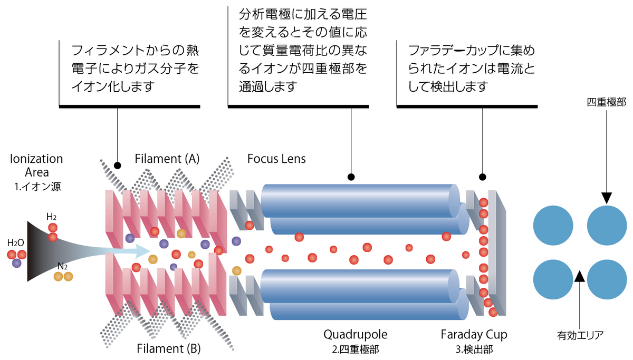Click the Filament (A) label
pos(167,159)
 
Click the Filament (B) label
pos(168,348)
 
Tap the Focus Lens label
pos(276,159)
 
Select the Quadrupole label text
pos(355,334)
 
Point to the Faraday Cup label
pos(474,334)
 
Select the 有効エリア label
pos(580,334)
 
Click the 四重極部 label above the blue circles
pos(606,102)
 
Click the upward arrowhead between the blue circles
pos(580,276)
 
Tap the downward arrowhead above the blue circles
pos(606,198)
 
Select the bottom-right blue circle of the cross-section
pos(607,279)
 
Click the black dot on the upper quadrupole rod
pos(351,177)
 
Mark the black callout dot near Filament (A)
pos(117,165)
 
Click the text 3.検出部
pos(474,348)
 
